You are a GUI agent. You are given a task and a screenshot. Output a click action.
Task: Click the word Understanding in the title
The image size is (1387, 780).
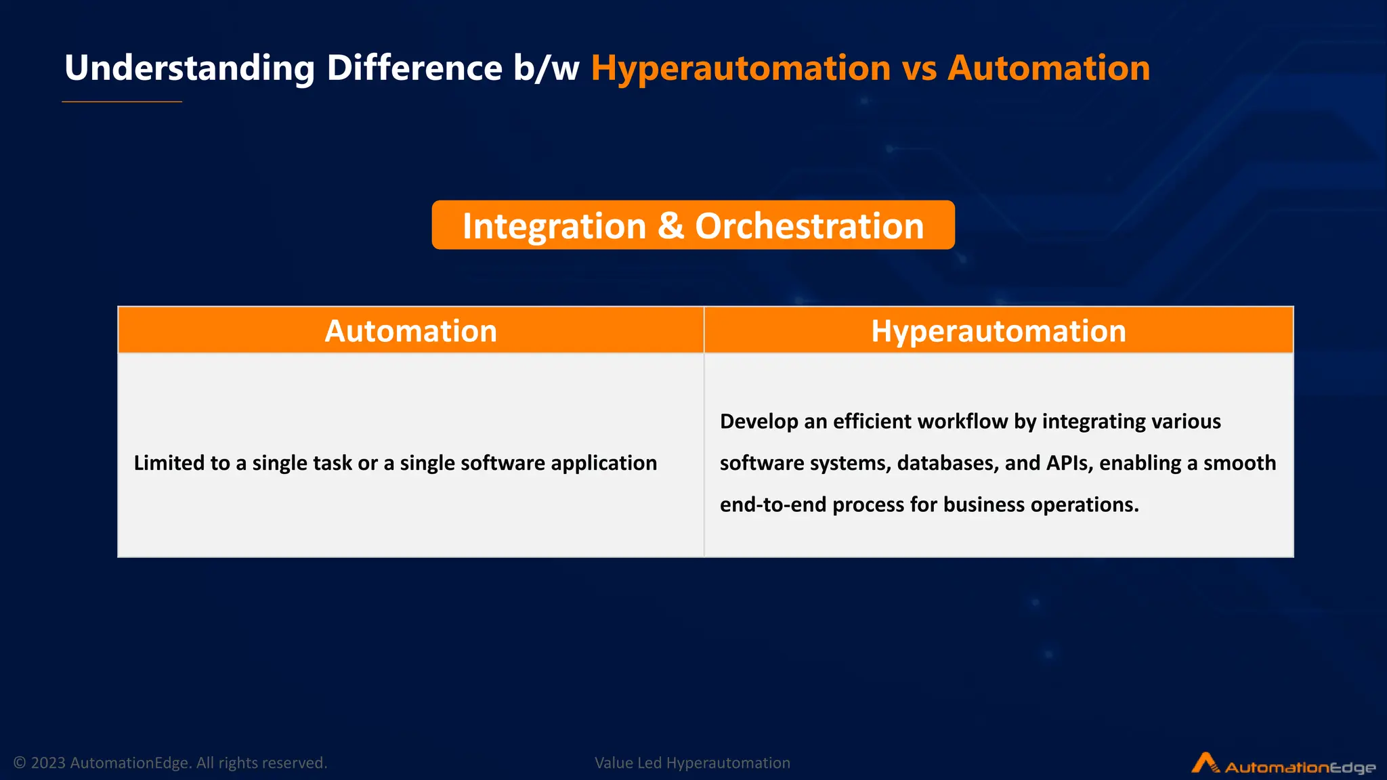[x=190, y=68]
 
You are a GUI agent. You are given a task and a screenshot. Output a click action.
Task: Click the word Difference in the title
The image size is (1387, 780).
[x=414, y=68]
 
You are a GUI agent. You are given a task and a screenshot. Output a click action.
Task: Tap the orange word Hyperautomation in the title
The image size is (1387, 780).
[x=740, y=68]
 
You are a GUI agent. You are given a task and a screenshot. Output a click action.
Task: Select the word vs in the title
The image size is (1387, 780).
[x=919, y=68]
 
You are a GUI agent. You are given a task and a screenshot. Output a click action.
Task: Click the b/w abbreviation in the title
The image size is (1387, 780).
[x=546, y=68]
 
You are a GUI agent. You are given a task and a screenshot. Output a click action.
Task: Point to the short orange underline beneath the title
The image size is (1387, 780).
[x=122, y=102]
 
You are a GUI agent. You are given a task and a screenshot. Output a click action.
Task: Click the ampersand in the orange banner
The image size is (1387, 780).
[x=670, y=225]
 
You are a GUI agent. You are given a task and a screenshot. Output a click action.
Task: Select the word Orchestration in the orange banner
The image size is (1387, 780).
[x=809, y=225]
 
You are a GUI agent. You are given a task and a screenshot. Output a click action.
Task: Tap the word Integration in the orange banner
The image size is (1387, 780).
[x=554, y=225]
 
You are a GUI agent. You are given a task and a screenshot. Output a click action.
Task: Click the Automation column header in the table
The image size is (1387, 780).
[x=410, y=331]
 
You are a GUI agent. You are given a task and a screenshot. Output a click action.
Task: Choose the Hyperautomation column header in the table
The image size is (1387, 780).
[x=998, y=331]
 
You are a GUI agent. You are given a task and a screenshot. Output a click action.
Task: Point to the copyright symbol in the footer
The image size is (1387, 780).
[x=20, y=763]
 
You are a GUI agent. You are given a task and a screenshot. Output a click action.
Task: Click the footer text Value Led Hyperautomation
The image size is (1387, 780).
[x=692, y=763]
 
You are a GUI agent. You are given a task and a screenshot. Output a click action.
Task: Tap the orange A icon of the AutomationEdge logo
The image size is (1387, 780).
[x=1204, y=762]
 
